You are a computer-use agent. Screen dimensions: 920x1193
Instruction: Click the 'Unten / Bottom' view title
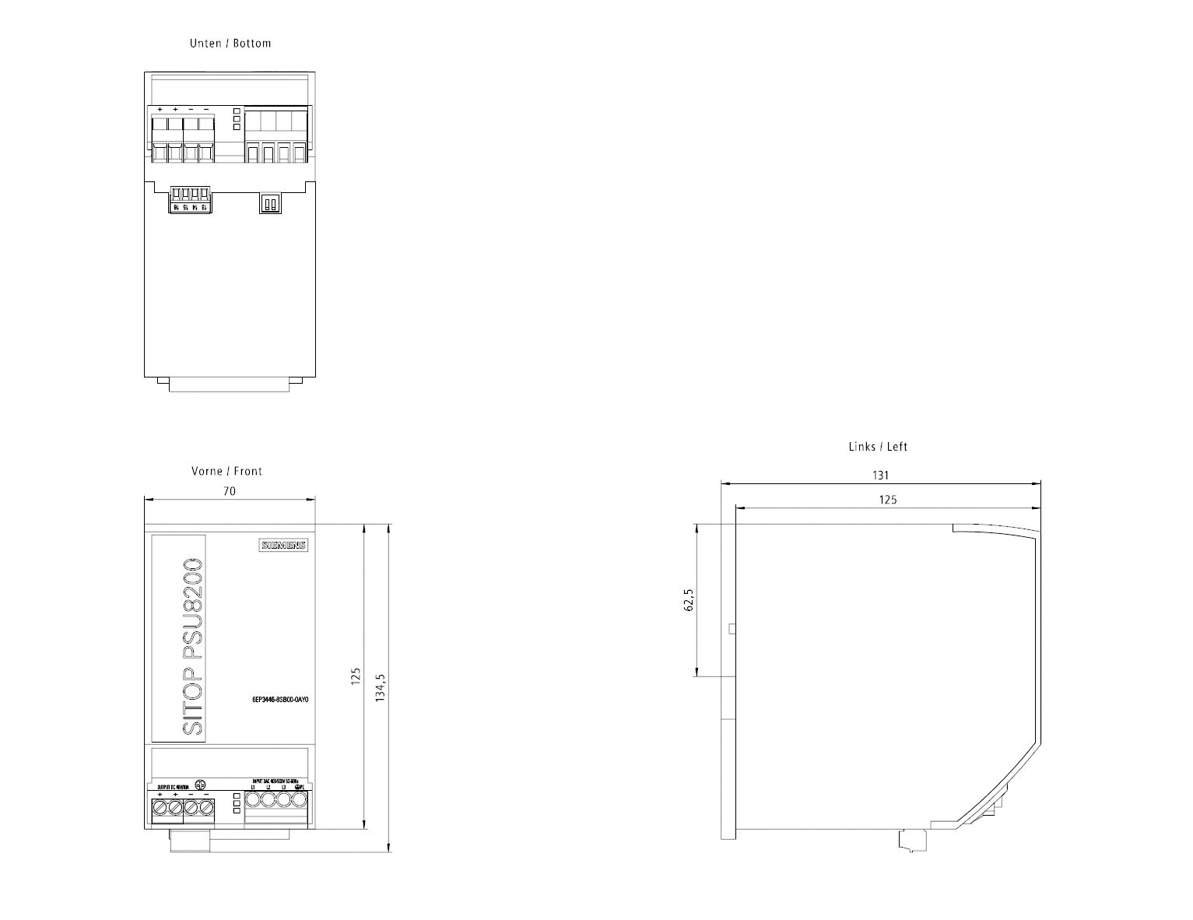230,44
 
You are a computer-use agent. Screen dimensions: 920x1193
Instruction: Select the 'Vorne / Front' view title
226,471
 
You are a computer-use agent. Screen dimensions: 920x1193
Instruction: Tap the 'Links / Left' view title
878,447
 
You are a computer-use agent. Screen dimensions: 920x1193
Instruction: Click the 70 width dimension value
230,491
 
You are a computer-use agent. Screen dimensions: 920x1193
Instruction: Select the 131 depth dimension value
880,475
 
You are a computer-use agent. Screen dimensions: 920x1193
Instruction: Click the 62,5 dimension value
688,600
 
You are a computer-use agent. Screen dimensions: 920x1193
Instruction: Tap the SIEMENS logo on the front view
282,546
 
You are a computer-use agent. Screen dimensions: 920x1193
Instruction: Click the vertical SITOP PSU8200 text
191,646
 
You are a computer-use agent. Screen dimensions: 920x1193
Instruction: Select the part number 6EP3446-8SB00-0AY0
280,701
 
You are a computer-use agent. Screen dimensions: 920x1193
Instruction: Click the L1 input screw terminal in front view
253,799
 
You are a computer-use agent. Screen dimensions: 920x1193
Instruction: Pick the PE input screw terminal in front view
299,799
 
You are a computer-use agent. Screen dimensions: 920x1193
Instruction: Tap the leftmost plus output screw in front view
160,809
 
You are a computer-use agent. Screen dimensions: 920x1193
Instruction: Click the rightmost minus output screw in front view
206,809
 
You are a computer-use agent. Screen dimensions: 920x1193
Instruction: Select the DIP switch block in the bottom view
269,203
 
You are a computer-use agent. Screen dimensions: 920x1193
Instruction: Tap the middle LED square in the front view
237,803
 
